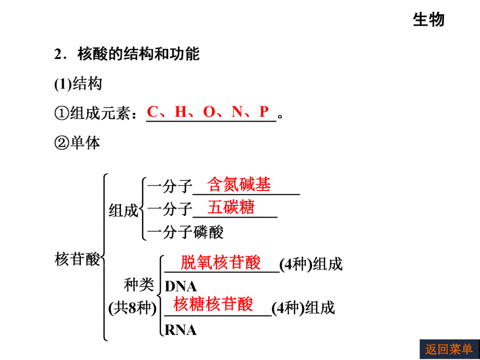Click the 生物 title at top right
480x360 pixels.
[x=428, y=20]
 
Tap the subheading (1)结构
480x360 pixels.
[x=78, y=83]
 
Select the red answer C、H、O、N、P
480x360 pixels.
[x=208, y=112]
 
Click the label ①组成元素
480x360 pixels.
[x=95, y=113]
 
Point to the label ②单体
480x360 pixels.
[x=77, y=142]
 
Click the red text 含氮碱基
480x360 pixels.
[x=239, y=184]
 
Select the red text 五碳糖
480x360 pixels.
[x=231, y=207]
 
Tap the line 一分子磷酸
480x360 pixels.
[x=186, y=232]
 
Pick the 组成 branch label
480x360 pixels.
[x=124, y=211]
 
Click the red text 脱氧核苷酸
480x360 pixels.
[x=220, y=262]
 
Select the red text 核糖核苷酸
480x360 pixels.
[x=213, y=304]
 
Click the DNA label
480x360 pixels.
[x=181, y=287]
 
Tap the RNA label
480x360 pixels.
[x=181, y=330]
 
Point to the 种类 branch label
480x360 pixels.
[x=139, y=285]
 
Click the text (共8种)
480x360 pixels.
[x=133, y=308]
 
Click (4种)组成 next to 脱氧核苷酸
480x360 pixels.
[x=311, y=265]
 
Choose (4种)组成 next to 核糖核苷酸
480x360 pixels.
[x=303, y=308]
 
